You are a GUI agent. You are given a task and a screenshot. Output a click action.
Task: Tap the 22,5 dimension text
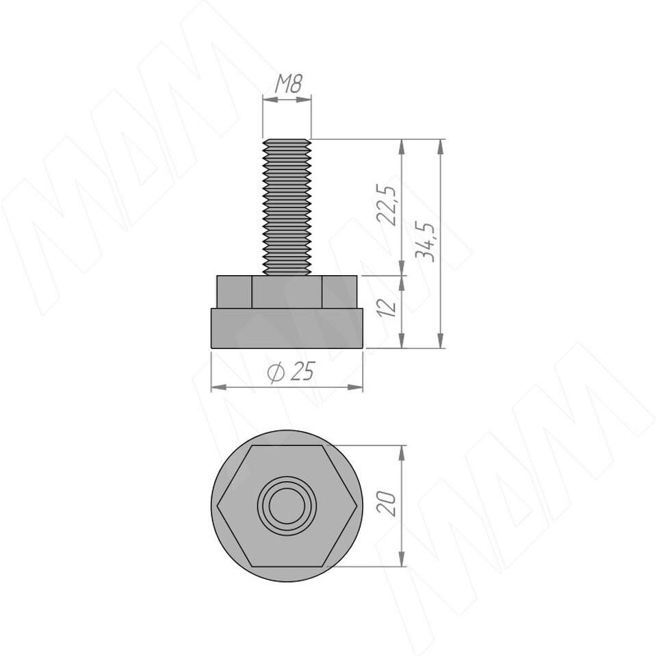(386, 206)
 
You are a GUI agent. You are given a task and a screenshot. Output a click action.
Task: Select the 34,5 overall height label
(424, 242)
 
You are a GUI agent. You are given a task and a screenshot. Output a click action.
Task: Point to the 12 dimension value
(387, 307)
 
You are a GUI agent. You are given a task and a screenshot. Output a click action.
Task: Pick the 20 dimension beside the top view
(386, 503)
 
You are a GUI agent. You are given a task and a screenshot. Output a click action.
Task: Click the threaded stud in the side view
(287, 207)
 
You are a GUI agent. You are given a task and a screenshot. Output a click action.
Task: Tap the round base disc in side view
(287, 328)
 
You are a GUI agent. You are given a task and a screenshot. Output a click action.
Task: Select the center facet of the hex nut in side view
(287, 292)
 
